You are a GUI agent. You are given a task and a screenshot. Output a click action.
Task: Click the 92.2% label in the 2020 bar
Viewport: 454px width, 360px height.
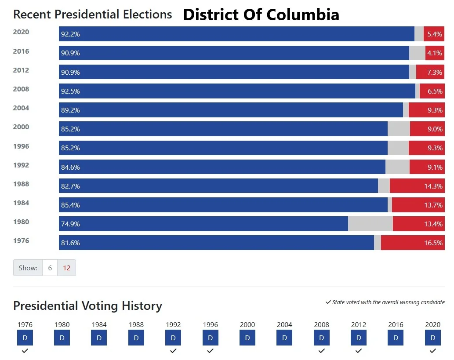(70, 34)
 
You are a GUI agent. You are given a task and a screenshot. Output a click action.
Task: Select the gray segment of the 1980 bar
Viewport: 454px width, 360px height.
(370, 224)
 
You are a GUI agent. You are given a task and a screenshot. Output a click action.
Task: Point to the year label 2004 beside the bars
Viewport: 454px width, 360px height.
(21, 108)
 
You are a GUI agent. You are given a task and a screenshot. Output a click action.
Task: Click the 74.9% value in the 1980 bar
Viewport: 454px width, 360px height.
(70, 224)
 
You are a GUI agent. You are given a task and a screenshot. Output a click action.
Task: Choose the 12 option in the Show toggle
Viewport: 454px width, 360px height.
(66, 268)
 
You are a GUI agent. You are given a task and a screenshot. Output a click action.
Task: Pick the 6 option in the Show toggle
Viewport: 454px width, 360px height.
(50, 268)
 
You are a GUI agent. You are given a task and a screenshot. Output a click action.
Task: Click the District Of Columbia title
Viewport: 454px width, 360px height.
(261, 15)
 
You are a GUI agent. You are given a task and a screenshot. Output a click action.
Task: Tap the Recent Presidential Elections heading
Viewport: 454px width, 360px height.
(92, 15)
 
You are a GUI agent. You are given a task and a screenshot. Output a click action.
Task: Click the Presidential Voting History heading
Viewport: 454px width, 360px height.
(87, 305)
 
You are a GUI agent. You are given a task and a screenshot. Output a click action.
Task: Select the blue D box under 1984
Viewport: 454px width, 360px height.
(99, 338)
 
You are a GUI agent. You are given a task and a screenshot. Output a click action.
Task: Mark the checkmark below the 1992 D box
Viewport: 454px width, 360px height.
(173, 351)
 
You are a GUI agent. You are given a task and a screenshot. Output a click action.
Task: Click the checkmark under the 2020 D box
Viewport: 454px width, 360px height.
(433, 351)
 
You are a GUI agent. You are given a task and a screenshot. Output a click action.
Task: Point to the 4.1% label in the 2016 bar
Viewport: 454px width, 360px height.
(435, 53)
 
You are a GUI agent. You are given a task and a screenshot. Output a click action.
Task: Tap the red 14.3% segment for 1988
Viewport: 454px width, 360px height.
(417, 186)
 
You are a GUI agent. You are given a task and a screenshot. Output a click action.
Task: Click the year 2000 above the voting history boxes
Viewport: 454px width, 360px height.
(247, 325)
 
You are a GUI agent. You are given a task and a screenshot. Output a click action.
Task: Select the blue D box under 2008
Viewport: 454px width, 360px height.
(321, 338)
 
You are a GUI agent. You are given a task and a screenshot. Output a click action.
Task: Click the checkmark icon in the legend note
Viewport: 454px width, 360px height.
(328, 302)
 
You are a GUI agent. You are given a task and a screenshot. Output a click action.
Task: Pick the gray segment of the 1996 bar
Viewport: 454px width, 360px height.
(398, 148)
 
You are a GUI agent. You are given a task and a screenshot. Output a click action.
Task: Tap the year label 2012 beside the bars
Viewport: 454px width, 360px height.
(21, 70)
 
